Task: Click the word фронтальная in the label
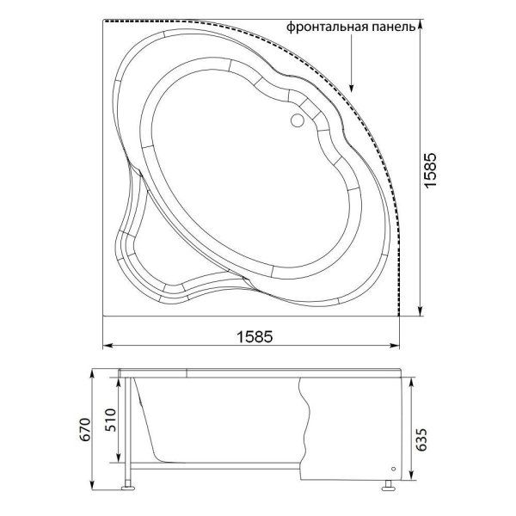(x=328, y=27)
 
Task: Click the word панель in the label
(x=394, y=27)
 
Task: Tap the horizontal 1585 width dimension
(x=255, y=336)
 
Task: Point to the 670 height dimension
(x=85, y=429)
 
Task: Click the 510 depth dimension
(x=110, y=421)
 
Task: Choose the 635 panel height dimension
(x=421, y=439)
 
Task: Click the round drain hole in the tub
(x=298, y=120)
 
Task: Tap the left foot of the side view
(x=127, y=488)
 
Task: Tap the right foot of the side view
(x=389, y=488)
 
